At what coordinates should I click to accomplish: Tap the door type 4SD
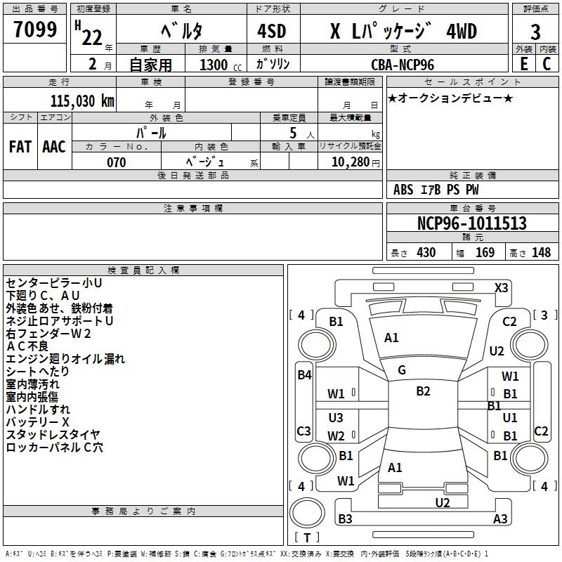click(272, 32)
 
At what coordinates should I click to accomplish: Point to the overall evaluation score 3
click(535, 32)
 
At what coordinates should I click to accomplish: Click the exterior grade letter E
click(523, 63)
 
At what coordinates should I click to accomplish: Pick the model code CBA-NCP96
click(403, 65)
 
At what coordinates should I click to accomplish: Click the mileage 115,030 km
click(82, 100)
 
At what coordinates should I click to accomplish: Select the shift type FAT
click(20, 146)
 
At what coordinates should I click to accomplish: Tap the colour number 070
click(117, 162)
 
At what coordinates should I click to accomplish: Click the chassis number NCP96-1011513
click(471, 223)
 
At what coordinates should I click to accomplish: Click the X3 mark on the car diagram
click(502, 287)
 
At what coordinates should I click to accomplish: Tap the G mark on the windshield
click(402, 370)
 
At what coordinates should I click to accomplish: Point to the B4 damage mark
click(304, 375)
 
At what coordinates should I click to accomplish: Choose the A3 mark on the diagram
click(500, 519)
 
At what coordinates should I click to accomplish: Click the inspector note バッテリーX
click(38, 422)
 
